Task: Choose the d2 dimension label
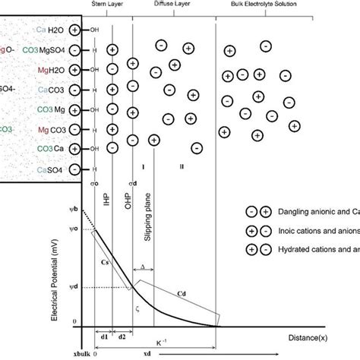(x=122, y=336)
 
